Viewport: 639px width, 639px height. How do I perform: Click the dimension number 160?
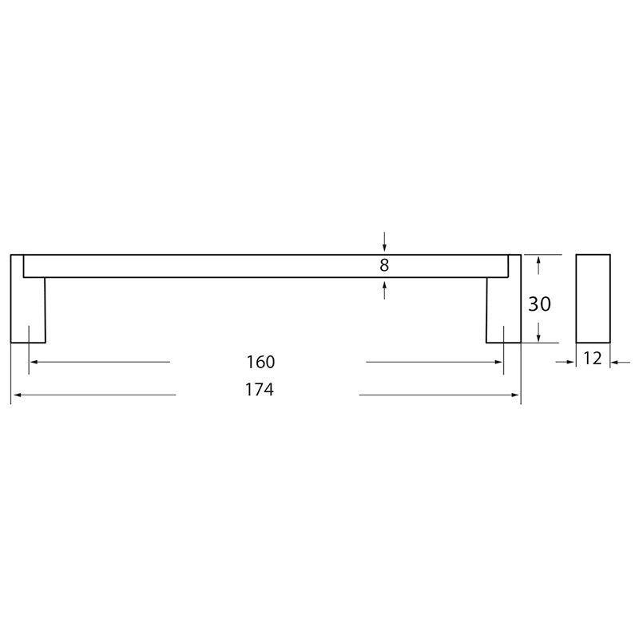tap(261, 362)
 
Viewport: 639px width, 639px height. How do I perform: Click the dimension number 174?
tap(260, 390)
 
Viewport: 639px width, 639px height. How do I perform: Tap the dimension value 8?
tap(384, 265)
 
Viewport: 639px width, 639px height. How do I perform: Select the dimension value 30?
tap(540, 304)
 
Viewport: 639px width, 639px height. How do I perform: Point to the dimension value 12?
tap(593, 358)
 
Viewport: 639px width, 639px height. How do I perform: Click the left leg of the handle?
tap(28, 299)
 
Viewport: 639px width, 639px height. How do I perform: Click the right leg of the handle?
tap(504, 299)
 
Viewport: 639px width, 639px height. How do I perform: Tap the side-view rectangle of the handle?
tap(593, 299)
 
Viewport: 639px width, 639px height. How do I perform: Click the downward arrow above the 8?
tap(384, 242)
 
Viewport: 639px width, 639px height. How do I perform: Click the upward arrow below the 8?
tap(384, 290)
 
